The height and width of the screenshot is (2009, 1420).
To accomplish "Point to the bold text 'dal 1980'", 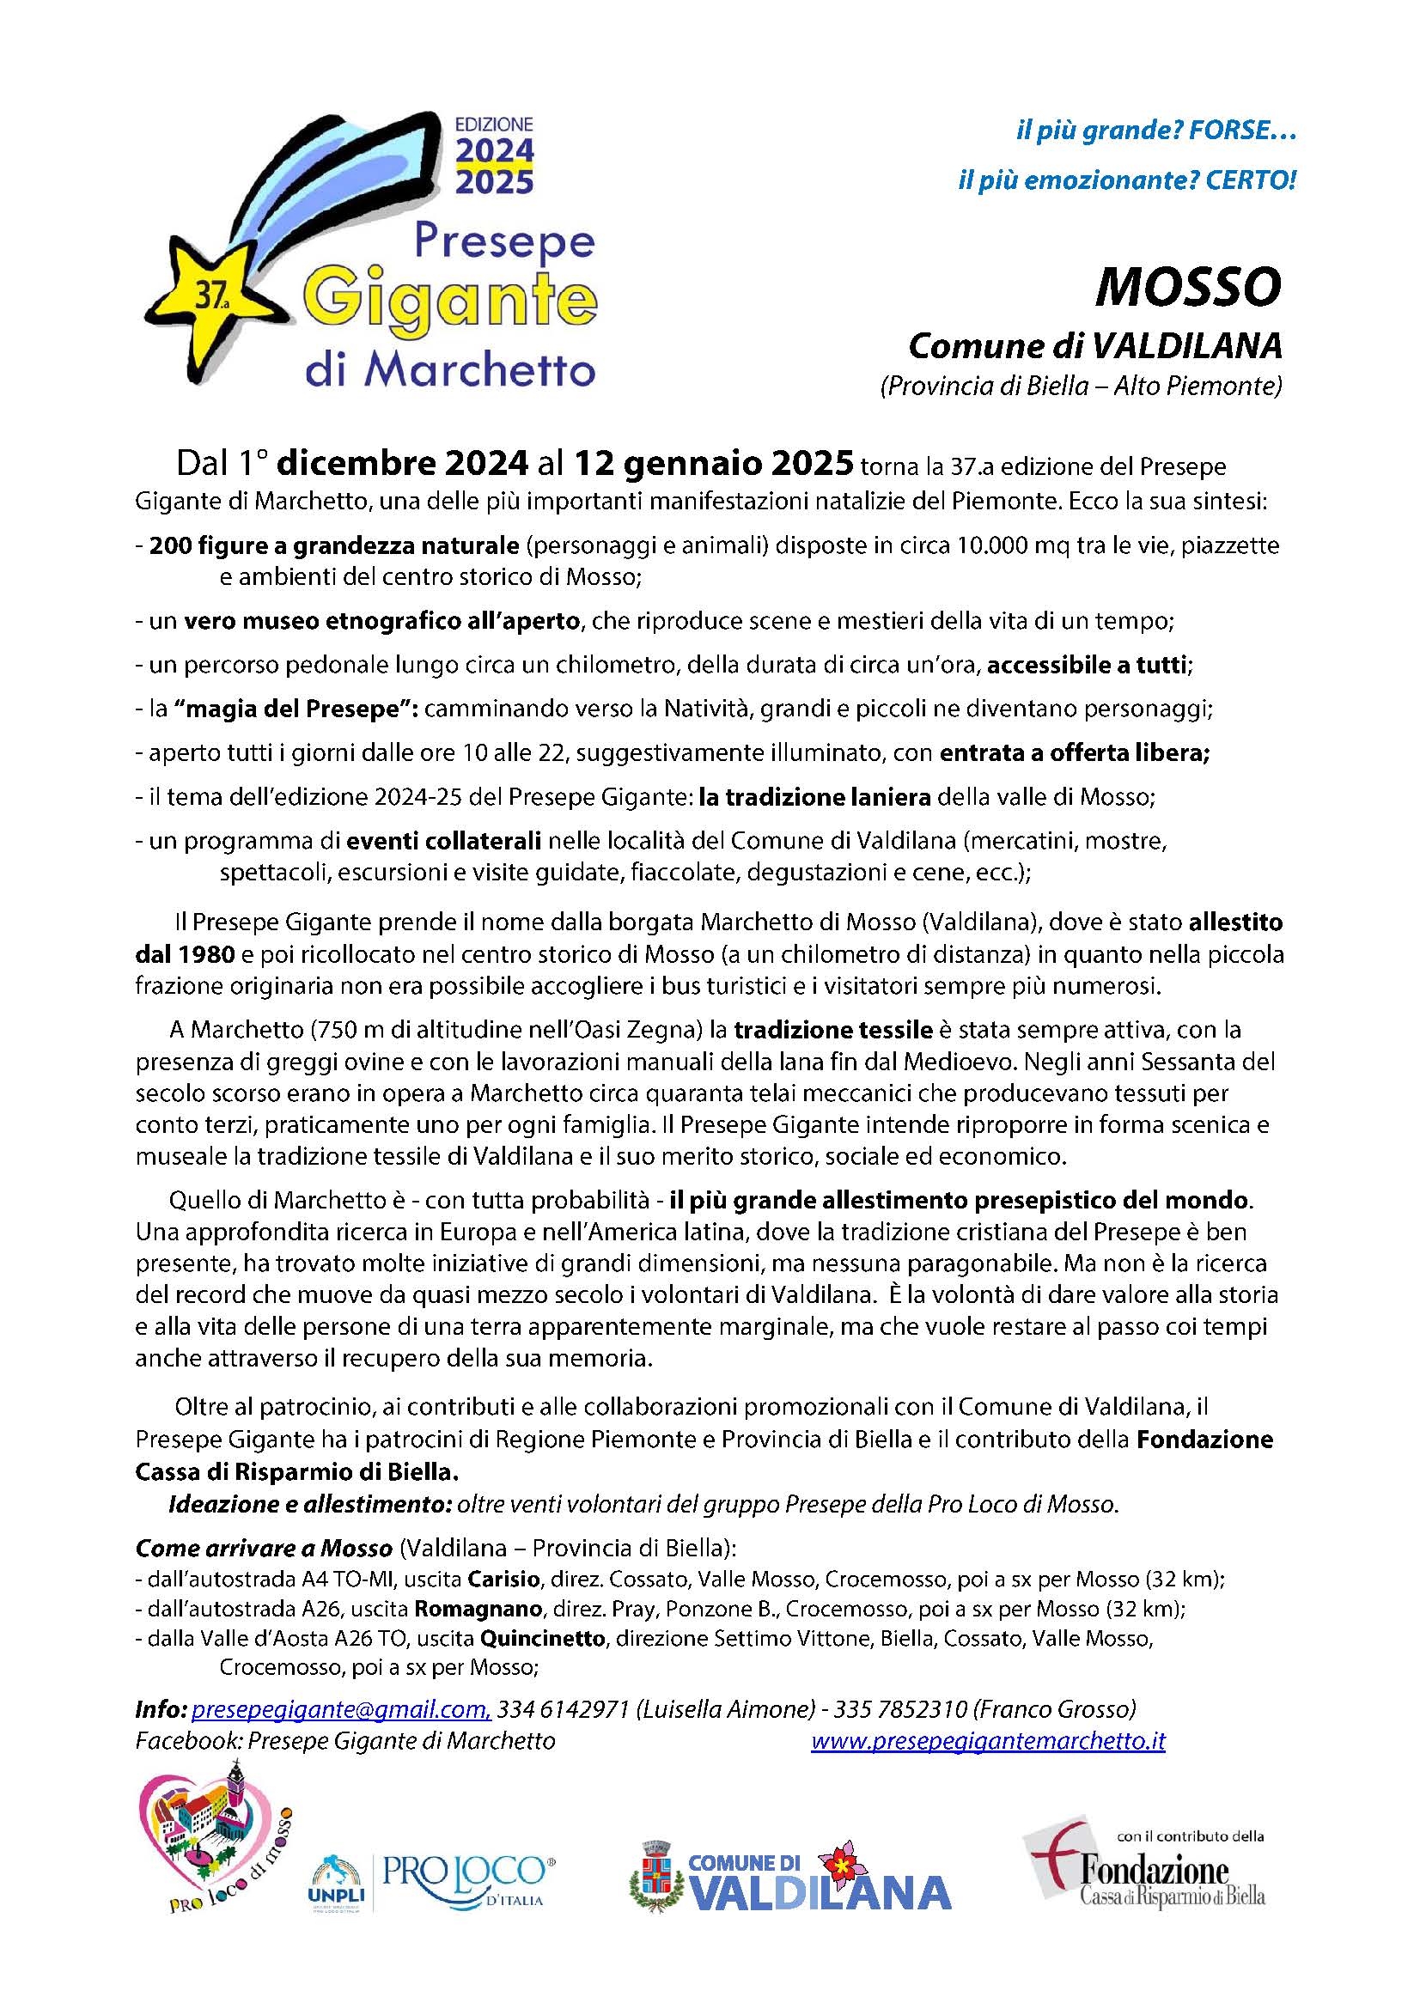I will point(184,953).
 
